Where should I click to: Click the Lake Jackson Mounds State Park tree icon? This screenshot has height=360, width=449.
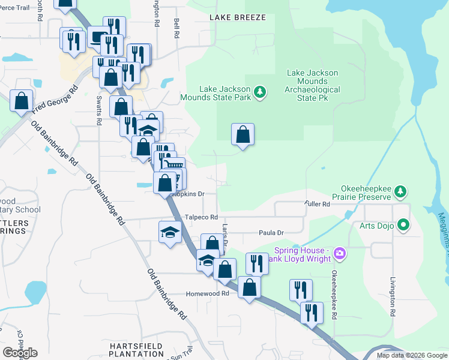(259, 92)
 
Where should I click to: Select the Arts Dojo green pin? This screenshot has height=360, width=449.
(404, 226)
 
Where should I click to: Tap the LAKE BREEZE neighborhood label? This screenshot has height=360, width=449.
(238, 17)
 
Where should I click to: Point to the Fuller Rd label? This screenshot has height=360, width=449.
(318, 205)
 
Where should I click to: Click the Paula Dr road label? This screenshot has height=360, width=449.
(271, 232)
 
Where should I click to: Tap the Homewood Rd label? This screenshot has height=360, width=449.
(208, 294)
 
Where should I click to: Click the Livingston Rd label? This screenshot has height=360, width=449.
(393, 297)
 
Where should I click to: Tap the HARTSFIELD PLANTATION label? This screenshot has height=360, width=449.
(136, 351)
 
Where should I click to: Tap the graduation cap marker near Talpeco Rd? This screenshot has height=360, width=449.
(170, 232)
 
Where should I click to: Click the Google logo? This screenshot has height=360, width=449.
(20, 353)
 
